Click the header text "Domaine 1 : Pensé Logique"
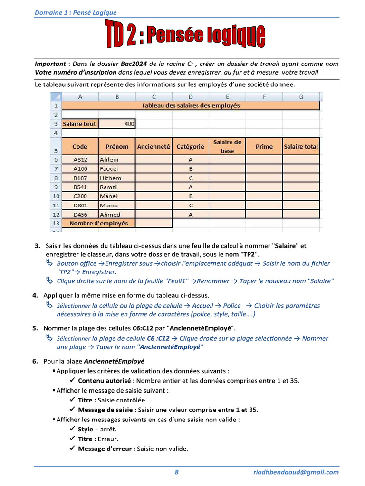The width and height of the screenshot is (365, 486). tap(76, 13)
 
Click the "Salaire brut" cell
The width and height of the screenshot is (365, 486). tap(80, 124)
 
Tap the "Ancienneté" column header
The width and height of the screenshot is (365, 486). tap(154, 147)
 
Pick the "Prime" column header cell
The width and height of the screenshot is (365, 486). tap(264, 147)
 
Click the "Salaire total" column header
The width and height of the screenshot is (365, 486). tap(301, 147)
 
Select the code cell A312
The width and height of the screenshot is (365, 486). tap(80, 160)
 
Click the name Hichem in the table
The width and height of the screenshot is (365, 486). tap(110, 178)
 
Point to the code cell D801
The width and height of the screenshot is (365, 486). tap(80, 206)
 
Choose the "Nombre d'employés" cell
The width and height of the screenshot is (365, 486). tap(98, 223)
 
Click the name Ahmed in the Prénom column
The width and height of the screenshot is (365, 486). tap(110, 215)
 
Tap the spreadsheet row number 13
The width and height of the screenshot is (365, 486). tap(56, 223)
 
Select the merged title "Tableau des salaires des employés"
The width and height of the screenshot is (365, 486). tap(190, 106)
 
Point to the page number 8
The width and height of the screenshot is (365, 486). tap(177, 472)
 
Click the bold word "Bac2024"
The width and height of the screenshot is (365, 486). tap(134, 64)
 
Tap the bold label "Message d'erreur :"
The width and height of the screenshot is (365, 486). tap(106, 449)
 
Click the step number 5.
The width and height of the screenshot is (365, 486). tap(35, 328)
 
